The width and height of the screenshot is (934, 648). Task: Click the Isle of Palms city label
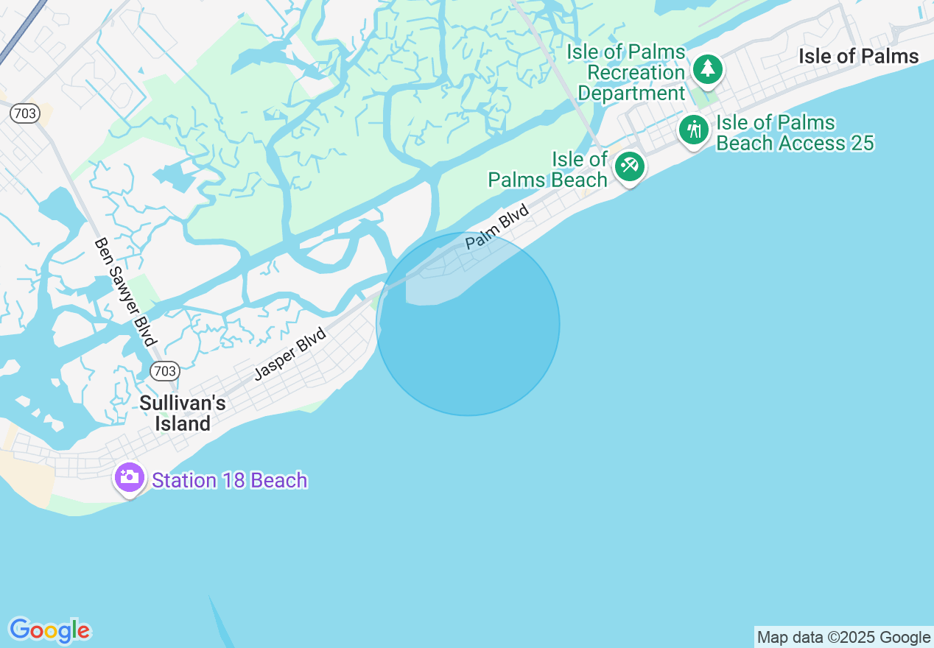point(858,57)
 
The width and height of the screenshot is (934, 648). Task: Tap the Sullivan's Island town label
point(183,413)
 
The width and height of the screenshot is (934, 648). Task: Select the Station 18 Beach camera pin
point(130,477)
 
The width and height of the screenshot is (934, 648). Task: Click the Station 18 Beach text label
point(229,480)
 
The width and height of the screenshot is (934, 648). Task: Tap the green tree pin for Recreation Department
point(708,68)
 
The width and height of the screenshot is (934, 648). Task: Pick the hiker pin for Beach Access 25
point(693,130)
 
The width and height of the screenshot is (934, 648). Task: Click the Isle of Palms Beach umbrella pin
point(630,166)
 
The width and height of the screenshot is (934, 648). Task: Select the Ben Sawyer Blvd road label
point(126,292)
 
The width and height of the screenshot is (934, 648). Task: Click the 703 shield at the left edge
point(24,113)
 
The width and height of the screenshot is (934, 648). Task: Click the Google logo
point(49,630)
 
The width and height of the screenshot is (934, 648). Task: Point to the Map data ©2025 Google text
point(844,637)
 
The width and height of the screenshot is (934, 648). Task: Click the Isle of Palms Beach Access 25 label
point(794,133)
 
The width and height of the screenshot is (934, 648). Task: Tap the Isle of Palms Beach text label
point(548,169)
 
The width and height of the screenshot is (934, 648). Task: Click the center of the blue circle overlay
point(468,323)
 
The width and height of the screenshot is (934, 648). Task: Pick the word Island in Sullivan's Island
point(183,423)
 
